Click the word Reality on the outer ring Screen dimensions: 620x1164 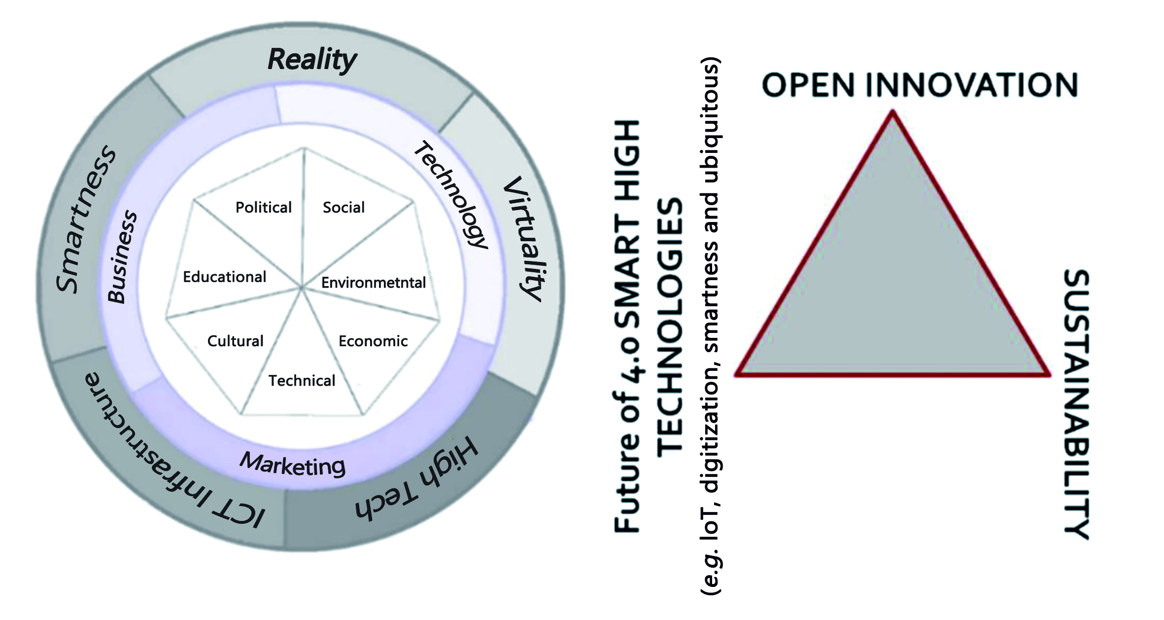click(312, 60)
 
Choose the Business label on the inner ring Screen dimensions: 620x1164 click(122, 256)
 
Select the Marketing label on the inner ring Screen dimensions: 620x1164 click(293, 465)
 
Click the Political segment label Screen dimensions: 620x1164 click(264, 207)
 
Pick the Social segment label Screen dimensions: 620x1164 click(343, 207)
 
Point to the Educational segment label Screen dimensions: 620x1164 click(225, 277)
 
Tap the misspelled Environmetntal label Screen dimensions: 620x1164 click(374, 283)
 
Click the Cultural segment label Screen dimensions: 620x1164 click(236, 341)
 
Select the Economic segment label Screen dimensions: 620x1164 click(373, 341)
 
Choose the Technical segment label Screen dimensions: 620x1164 click(302, 380)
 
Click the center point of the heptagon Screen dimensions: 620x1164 click(302, 287)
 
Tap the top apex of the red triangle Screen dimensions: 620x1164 click(892, 112)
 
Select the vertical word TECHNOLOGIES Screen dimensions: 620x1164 click(670, 328)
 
